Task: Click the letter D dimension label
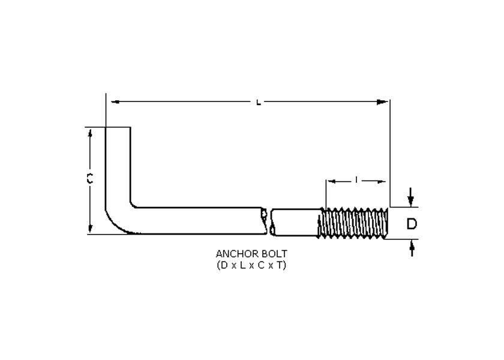coord(412,224)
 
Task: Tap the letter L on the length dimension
coord(258,103)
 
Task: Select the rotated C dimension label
coord(89,179)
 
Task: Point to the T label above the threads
coord(356,180)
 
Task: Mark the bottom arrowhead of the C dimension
coord(90,228)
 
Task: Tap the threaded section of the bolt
coord(354,223)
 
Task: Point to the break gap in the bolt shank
coord(268,221)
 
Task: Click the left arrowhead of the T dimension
coord(329,180)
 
